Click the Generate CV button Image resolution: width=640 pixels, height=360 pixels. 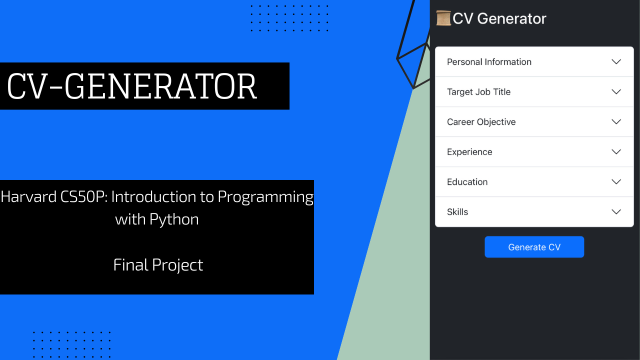(534, 247)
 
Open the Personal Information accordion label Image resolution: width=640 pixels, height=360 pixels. (489, 62)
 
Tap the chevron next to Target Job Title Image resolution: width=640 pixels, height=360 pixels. (616, 92)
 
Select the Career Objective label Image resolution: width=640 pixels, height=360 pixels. (481, 122)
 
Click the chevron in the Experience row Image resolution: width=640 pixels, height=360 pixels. (616, 152)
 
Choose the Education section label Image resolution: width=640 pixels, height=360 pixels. (467, 182)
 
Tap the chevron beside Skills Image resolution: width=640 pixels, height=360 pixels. (616, 212)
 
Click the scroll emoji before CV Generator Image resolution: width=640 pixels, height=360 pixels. (443, 18)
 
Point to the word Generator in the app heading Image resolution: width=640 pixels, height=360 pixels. (511, 18)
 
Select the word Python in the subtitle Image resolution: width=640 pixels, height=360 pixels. (176, 219)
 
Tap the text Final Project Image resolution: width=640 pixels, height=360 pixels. (158, 264)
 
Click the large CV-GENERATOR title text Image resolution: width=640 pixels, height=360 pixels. (132, 86)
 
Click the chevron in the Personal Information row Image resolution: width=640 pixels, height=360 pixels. (616, 62)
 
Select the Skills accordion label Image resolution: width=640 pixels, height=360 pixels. (457, 212)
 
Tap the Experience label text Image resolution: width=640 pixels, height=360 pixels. (469, 152)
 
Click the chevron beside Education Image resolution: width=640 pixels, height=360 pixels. (616, 182)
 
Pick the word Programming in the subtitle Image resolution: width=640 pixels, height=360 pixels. (265, 197)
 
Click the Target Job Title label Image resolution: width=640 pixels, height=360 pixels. (478, 92)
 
